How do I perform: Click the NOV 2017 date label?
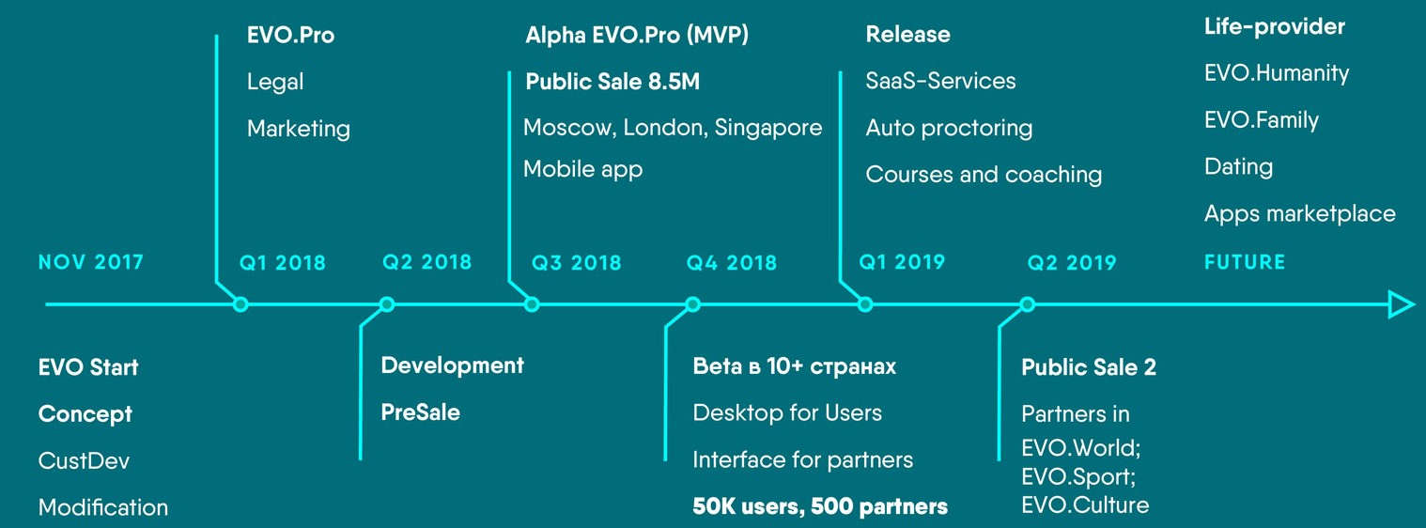tap(91, 262)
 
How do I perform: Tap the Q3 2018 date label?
tap(576, 262)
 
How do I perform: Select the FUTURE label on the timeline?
tap(1245, 262)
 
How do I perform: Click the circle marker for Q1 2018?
tap(240, 304)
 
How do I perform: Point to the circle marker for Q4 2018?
tap(693, 304)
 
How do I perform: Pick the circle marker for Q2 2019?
tap(1028, 304)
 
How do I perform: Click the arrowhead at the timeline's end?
tap(1401, 304)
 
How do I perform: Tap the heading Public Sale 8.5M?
tap(612, 82)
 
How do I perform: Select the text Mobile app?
tap(582, 169)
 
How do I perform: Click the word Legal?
tap(275, 82)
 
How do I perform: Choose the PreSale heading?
tap(420, 412)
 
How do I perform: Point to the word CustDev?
tap(84, 460)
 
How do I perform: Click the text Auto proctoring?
tap(949, 128)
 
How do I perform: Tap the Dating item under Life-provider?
tap(1238, 167)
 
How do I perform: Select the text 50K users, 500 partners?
tap(820, 506)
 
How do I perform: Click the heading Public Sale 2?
tap(1089, 366)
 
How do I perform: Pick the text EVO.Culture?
tap(1085, 505)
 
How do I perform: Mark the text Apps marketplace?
tap(1299, 214)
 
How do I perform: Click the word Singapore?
tap(768, 128)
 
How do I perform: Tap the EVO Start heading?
tap(88, 366)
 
